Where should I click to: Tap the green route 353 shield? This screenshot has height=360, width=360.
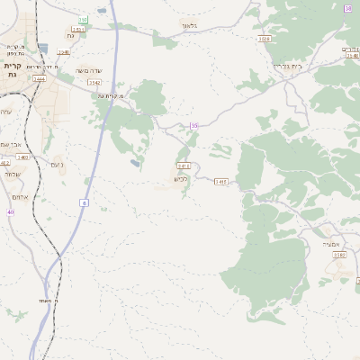(x=83, y=19)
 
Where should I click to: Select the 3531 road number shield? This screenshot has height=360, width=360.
(x=77, y=29)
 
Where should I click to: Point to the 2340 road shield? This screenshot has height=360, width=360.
(x=64, y=52)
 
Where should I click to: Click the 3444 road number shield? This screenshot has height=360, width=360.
(x=40, y=78)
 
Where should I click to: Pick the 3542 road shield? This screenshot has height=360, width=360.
(x=94, y=83)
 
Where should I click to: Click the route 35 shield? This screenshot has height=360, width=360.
(x=193, y=125)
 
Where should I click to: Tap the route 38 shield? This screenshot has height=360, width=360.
(x=348, y=8)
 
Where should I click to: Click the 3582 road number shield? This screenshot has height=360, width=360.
(x=339, y=255)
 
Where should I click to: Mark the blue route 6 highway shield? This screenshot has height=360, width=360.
(x=85, y=203)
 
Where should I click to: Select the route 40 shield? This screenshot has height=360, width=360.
(x=11, y=212)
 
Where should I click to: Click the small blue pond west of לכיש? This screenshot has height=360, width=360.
(x=135, y=164)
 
